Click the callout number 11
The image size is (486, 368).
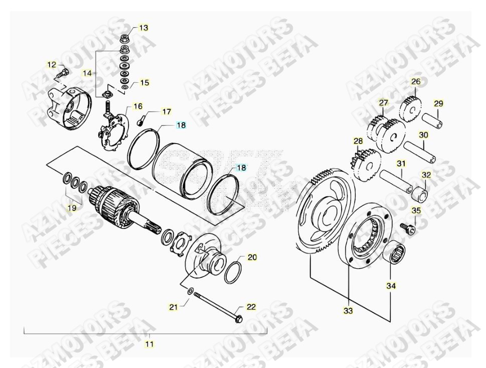coord(149,344)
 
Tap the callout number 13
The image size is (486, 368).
coord(143,28)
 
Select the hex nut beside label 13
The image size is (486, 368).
coord(124,38)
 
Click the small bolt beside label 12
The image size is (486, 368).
coord(63,73)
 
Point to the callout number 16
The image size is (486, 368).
coord(137,106)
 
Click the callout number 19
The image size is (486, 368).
coord(72,207)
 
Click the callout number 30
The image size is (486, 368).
coord(423,135)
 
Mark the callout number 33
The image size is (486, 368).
coord(348,311)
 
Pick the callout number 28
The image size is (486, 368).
coord(358,141)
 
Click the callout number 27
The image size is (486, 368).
coord(383,103)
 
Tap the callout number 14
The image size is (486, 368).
coord(87,73)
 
